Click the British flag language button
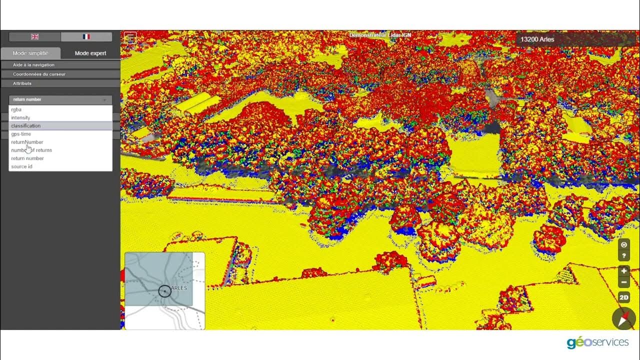coord(34,36)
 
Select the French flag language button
coord(86,36)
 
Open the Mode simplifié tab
coord(30,53)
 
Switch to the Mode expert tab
coord(90,53)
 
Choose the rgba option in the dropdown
coord(16,109)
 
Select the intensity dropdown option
coord(20,117)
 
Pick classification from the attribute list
coord(26,126)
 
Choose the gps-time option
coord(21,134)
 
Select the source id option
coord(21,166)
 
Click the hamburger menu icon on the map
coord(130,37)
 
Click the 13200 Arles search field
coord(575,39)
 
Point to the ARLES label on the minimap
coord(179,288)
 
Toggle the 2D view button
coord(624,297)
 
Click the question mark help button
coord(624,256)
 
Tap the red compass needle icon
coord(624,318)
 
